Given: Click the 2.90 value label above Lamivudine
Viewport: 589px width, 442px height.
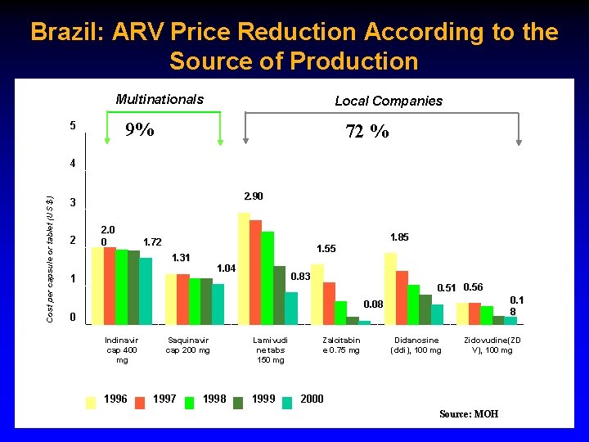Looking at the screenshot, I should click(254, 196).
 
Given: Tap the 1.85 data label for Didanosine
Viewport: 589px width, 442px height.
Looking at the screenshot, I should click(399, 237).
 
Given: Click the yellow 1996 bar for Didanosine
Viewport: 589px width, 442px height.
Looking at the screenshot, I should click(390, 289).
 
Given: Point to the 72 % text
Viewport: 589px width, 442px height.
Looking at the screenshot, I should click(367, 131).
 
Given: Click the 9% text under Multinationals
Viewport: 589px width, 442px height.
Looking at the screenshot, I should click(139, 130).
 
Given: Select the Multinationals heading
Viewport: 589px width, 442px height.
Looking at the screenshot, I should click(160, 100).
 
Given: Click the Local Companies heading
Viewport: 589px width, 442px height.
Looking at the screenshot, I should click(389, 101).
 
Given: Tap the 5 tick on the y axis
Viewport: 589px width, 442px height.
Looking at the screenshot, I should click(73, 125).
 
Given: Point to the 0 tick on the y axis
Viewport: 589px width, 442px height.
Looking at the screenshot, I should click(73, 317).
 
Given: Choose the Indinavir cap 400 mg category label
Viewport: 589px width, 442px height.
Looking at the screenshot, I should click(122, 350).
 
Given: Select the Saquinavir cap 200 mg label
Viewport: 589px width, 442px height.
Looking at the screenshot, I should click(187, 345).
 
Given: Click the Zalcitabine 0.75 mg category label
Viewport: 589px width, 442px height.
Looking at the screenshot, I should click(341, 345).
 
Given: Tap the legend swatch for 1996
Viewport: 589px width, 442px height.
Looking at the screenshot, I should click(91, 400).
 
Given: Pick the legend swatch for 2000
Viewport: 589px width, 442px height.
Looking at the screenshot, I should click(287, 400).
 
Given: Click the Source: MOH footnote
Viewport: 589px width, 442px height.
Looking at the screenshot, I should click(468, 414).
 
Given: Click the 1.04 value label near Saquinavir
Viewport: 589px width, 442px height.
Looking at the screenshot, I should click(227, 268).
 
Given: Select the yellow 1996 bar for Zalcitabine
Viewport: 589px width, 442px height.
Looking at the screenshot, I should click(317, 294).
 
